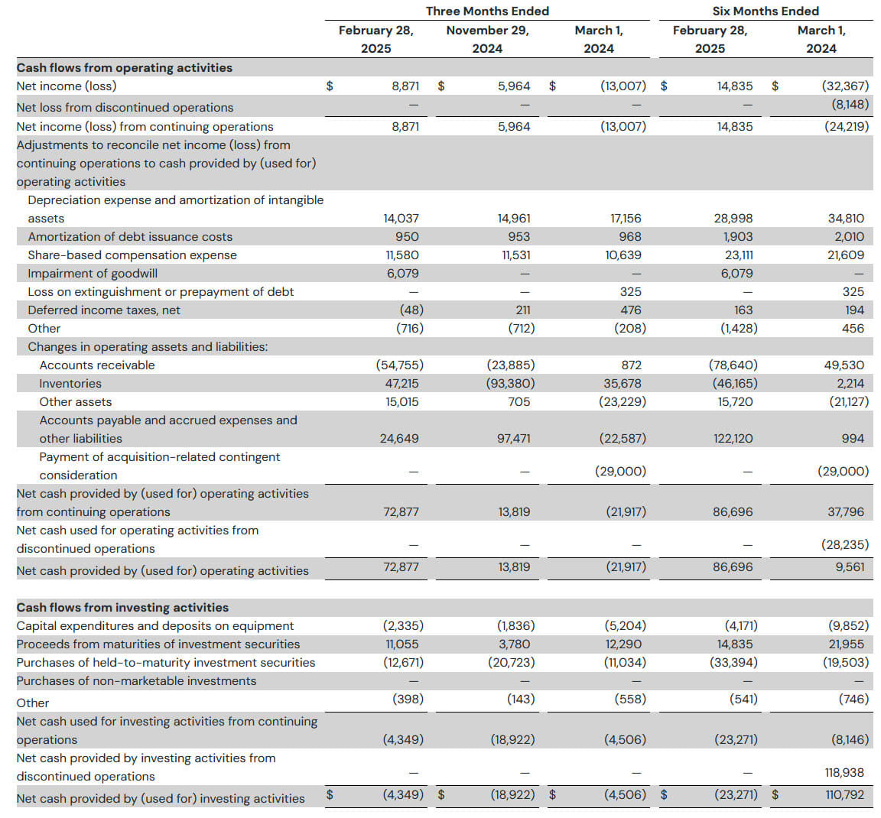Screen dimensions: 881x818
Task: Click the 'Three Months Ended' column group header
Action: click(x=487, y=11)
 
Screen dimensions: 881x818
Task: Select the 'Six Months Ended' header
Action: click(x=766, y=11)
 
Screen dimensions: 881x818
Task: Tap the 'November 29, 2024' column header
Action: click(x=487, y=39)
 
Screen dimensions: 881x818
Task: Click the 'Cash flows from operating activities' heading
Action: click(x=124, y=68)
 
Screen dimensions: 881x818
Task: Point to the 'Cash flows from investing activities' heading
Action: click(x=122, y=607)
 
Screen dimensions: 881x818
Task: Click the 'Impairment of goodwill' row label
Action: click(x=93, y=274)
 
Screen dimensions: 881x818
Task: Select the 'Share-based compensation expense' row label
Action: click(x=132, y=255)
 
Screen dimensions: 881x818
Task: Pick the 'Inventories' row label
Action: click(x=70, y=384)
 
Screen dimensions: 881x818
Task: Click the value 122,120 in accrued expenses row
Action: click(x=733, y=439)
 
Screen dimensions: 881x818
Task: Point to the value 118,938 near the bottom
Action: click(x=844, y=772)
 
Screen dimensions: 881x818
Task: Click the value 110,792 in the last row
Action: click(x=844, y=794)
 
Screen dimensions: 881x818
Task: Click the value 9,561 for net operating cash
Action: click(x=850, y=567)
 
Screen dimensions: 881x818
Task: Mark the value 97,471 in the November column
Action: click(x=514, y=439)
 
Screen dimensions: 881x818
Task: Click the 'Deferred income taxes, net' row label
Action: click(x=104, y=310)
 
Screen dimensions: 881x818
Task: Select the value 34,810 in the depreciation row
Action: click(x=846, y=219)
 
